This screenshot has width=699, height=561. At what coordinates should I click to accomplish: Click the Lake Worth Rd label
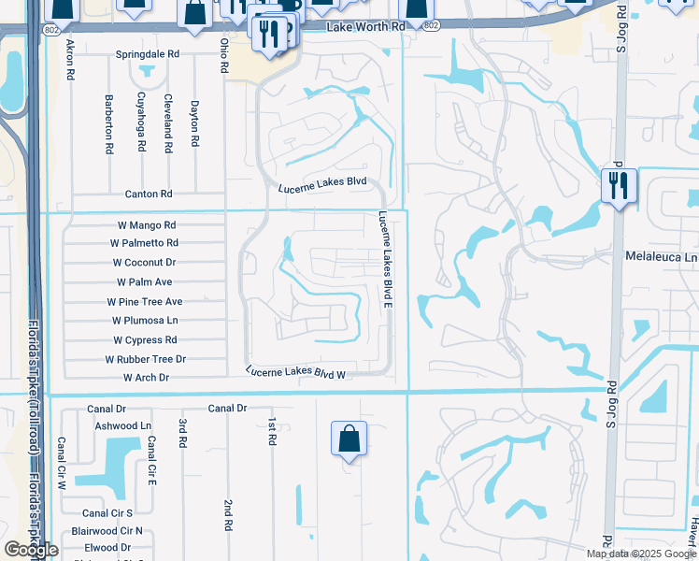(x=366, y=27)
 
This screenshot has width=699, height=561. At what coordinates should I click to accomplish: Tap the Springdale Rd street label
(x=147, y=54)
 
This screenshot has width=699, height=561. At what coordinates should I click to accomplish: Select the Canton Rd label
(x=149, y=194)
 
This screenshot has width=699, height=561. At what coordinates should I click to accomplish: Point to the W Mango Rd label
(x=147, y=225)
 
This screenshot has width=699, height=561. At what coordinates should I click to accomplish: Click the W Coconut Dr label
(x=144, y=263)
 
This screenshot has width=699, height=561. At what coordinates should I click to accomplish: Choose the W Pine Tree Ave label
(x=145, y=302)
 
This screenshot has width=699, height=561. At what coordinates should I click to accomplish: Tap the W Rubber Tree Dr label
(x=146, y=359)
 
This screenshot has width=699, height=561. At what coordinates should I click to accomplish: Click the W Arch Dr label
(x=146, y=378)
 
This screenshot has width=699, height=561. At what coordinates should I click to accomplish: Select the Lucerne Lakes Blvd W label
(x=297, y=372)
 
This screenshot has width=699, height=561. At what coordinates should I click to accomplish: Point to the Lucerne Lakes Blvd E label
(x=384, y=260)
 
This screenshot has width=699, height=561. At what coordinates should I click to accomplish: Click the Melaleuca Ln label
(x=662, y=256)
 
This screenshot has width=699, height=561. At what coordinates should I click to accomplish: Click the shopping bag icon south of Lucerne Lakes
(x=349, y=439)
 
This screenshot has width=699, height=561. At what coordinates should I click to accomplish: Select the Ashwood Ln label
(x=122, y=425)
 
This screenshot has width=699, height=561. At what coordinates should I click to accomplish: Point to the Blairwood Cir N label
(x=112, y=530)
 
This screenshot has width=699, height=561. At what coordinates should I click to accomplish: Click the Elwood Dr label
(x=107, y=548)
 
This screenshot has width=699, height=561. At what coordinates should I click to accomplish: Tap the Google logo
(x=31, y=550)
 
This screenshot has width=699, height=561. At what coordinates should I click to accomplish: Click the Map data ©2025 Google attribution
(x=639, y=554)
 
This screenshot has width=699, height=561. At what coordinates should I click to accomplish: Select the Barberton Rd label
(x=108, y=123)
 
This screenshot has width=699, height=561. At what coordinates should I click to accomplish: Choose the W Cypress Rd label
(x=145, y=340)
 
